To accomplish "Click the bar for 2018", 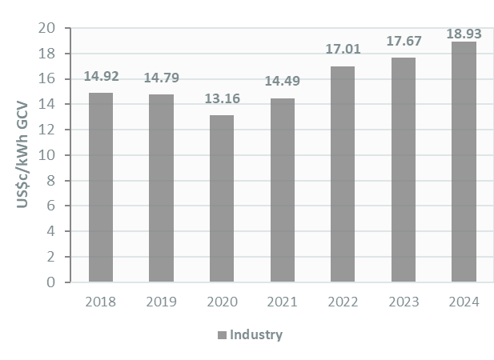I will pos(100,187).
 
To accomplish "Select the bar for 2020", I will pos(222,198).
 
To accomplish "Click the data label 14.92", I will pos(101,78).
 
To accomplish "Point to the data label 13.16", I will pos(222,100).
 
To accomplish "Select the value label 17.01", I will pos(343,50).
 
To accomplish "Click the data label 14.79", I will pos(161,78).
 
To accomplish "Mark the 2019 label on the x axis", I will pos(161,302).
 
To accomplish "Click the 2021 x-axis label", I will pos(282,302).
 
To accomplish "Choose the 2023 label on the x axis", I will pos(403,302).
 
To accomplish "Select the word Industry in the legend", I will pos(256,334).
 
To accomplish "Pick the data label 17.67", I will pos(404,41).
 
